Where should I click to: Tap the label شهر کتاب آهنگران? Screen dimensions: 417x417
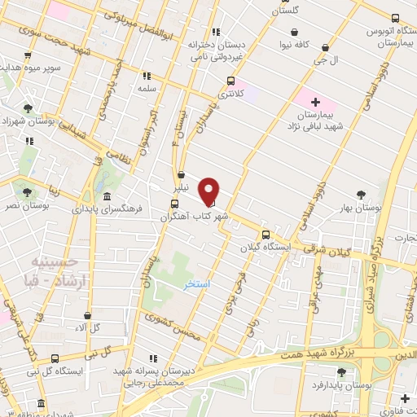click(x=193, y=217)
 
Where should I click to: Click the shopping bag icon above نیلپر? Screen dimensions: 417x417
click(x=181, y=174)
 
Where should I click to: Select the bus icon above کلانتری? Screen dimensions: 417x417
click(x=231, y=81)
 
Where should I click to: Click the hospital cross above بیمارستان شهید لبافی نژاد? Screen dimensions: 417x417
click(x=315, y=102)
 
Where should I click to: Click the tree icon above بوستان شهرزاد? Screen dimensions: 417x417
click(x=29, y=108)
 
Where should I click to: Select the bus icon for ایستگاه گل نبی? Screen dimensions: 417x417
click(x=55, y=358)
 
